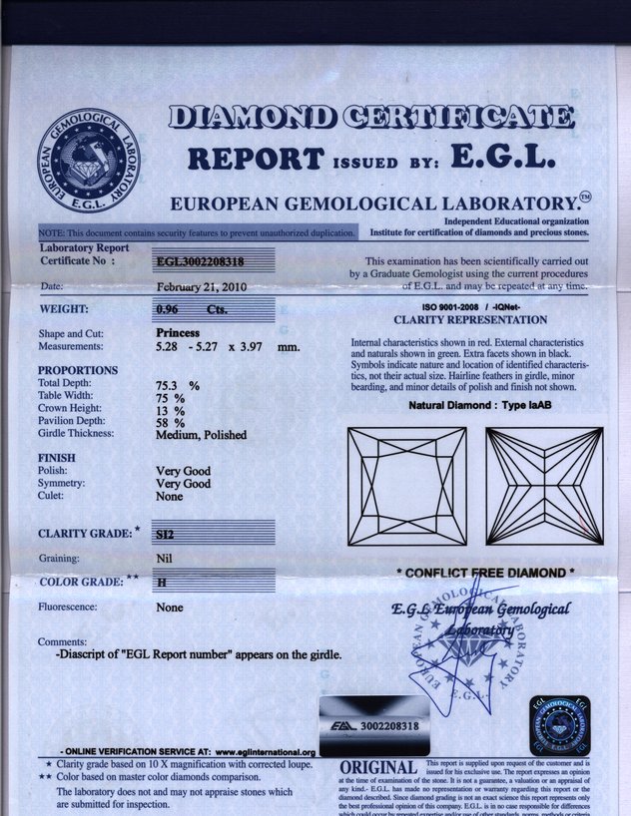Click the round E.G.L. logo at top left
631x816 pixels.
point(89,157)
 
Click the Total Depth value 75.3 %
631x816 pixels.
point(178,384)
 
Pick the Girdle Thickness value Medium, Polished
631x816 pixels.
point(201,435)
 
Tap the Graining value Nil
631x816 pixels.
point(165,559)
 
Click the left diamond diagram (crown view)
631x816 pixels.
point(406,486)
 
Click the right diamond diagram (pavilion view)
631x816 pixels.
point(545,486)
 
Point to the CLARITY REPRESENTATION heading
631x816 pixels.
point(470,320)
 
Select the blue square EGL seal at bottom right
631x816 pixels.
point(561,726)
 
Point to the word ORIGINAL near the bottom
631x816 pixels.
point(378,768)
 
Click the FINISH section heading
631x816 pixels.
point(56,457)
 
